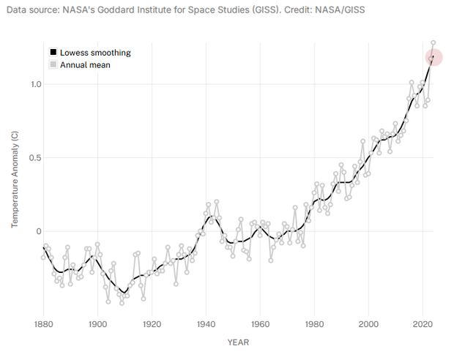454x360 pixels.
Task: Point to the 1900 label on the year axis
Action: pyautogui.click(x=97, y=323)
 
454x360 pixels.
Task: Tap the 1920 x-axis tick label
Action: pyautogui.click(x=152, y=323)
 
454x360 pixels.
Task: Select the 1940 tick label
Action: pyautogui.click(x=206, y=323)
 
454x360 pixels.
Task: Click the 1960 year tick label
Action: pyautogui.click(x=260, y=323)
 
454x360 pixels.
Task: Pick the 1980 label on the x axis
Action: pyautogui.click(x=314, y=323)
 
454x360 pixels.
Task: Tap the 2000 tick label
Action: pyautogui.click(x=368, y=323)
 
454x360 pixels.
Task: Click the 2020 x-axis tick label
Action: pyautogui.click(x=423, y=323)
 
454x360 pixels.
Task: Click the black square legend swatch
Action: pyautogui.click(x=53, y=53)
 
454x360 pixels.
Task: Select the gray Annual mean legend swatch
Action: pyautogui.click(x=53, y=65)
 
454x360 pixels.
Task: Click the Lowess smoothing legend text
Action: pyautogui.click(x=95, y=53)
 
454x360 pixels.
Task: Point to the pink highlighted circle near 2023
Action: pyautogui.click(x=433, y=57)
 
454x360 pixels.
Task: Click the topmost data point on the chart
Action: pyautogui.click(x=433, y=42)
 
